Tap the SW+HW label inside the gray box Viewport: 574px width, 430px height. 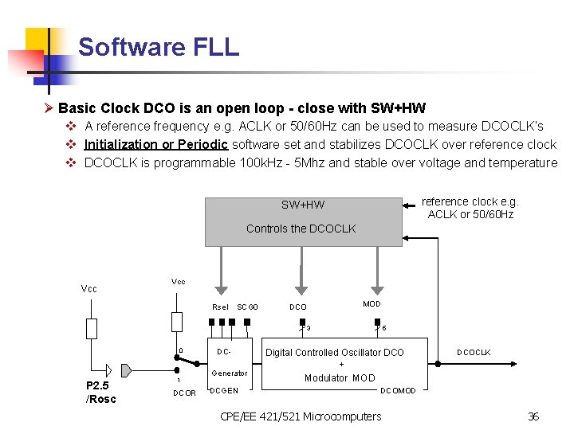(x=303, y=205)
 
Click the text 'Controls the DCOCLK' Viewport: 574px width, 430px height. (x=301, y=229)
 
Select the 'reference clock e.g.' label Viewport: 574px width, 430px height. (x=470, y=201)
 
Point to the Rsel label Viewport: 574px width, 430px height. (x=220, y=307)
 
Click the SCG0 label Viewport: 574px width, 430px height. (x=247, y=307)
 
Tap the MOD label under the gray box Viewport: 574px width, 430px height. (x=372, y=303)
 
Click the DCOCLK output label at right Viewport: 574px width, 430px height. (x=474, y=352)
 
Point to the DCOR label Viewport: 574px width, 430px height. (x=184, y=393)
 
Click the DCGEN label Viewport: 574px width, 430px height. (x=223, y=390)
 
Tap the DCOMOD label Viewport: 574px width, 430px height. (x=398, y=390)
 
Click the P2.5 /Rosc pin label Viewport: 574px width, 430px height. (x=100, y=392)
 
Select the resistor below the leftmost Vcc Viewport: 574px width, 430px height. (x=92, y=328)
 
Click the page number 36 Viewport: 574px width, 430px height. (x=533, y=416)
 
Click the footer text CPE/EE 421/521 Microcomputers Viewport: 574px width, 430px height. (x=301, y=416)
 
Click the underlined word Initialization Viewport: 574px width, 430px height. (x=120, y=144)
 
